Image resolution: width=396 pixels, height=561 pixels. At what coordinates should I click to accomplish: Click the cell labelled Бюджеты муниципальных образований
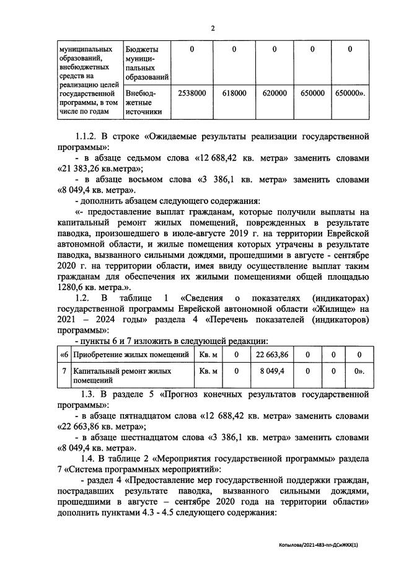coord(146,63)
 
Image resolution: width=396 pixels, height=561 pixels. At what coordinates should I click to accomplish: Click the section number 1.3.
coord(93,394)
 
